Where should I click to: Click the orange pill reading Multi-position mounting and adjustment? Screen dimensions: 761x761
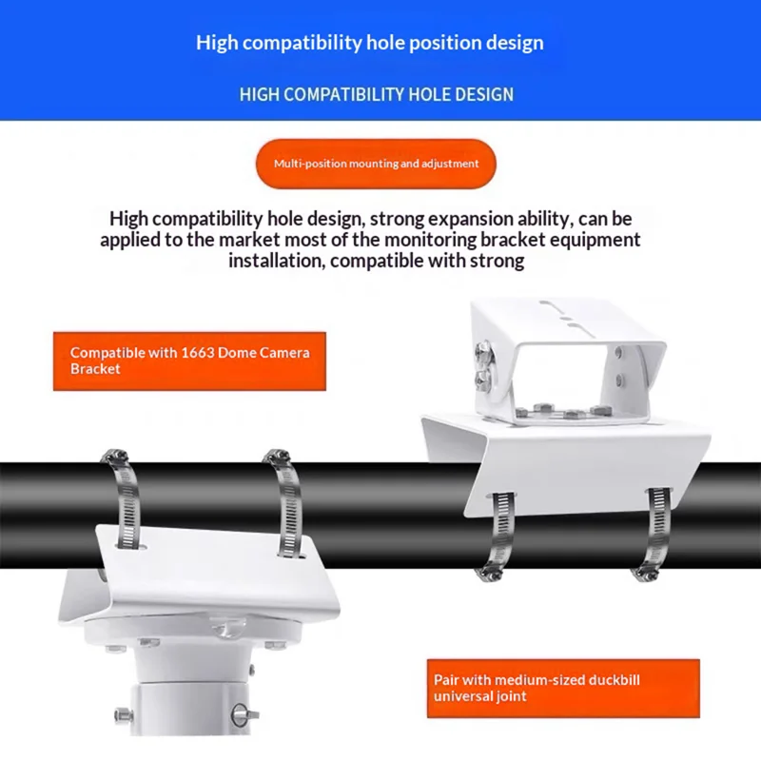tap(376, 164)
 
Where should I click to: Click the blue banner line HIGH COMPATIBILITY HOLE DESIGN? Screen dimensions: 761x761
tap(376, 94)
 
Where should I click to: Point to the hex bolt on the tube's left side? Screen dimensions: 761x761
tap(124, 715)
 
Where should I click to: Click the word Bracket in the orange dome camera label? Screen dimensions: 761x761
tap(95, 369)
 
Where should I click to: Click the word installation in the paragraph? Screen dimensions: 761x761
tap(277, 261)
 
